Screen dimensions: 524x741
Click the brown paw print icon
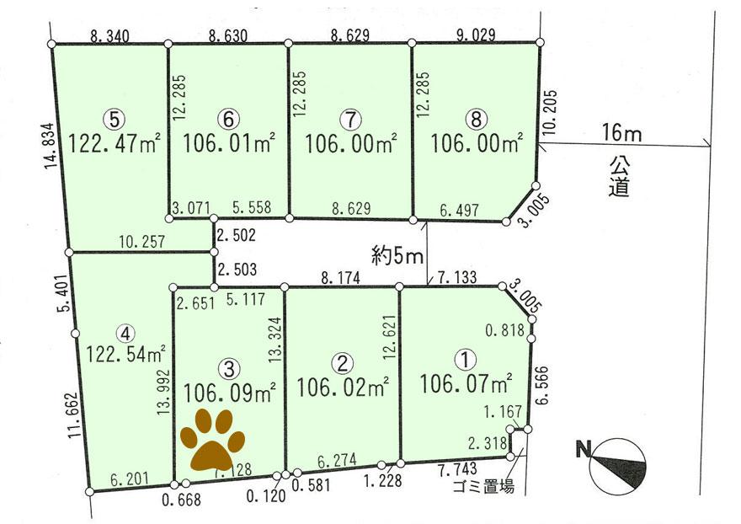pos(212,439)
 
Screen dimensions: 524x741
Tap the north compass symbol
pos(619,466)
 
